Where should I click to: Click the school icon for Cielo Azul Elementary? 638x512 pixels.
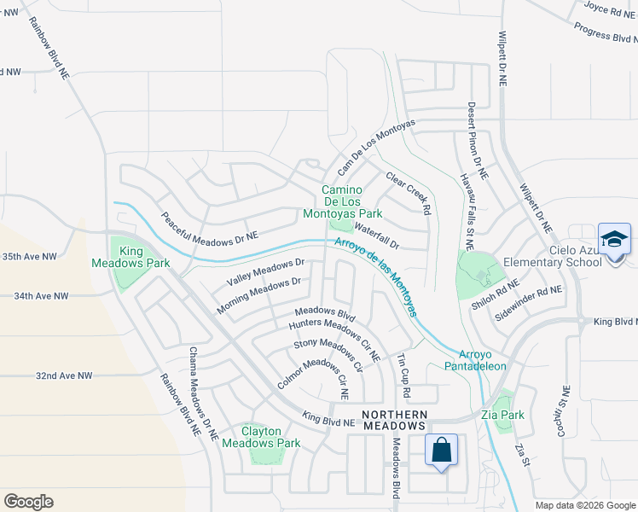(614, 239)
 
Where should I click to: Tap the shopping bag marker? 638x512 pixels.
(441, 451)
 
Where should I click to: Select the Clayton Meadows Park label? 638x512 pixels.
(261, 437)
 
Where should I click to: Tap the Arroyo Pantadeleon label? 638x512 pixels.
(483, 359)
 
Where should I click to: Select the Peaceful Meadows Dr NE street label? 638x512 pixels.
(209, 228)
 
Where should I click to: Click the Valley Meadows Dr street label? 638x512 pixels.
(266, 272)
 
